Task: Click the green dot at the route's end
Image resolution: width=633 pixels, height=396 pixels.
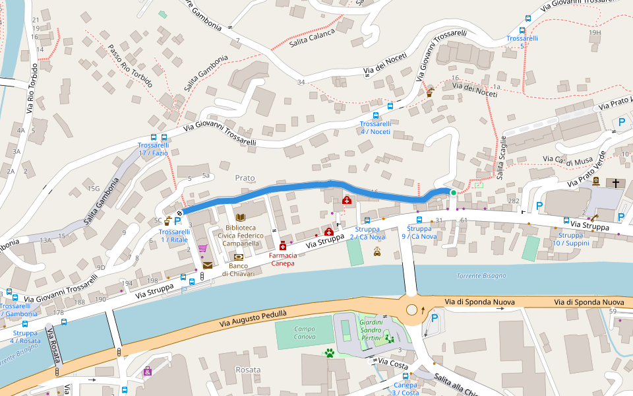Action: (x=453, y=192)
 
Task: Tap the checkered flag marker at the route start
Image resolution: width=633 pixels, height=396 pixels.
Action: (x=179, y=213)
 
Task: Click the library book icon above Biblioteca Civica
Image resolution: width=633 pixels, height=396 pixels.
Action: (x=240, y=217)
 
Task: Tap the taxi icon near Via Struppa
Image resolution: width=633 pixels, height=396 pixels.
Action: (x=377, y=250)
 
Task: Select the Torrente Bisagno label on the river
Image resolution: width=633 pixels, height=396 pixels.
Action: (x=481, y=275)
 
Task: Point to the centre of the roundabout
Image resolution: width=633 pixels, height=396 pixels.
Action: (x=412, y=310)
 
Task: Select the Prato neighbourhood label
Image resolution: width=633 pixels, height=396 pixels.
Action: (x=245, y=178)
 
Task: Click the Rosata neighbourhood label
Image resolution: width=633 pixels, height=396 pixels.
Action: (x=248, y=370)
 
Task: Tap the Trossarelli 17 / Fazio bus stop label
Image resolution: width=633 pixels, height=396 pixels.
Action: (x=153, y=149)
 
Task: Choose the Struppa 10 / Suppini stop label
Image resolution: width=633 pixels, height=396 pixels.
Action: (x=571, y=239)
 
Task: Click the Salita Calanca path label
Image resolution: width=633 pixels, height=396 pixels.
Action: (x=312, y=37)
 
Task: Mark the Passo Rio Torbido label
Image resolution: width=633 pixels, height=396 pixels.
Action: (x=131, y=66)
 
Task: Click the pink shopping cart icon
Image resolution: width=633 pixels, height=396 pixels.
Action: (x=202, y=249)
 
